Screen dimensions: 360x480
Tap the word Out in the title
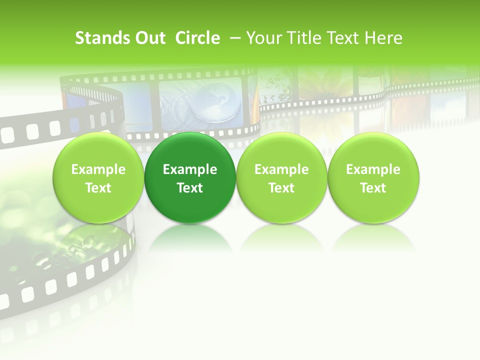point(148,38)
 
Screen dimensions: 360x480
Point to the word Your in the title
point(264,38)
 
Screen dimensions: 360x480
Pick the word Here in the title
point(383,38)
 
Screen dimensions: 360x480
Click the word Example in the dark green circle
point(190,169)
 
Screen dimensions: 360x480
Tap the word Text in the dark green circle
point(190,188)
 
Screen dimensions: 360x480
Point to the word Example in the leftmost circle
point(98,169)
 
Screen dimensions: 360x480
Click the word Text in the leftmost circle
point(98,188)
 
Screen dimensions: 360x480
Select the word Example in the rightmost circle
point(373,169)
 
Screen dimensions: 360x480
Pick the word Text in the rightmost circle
point(373,188)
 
